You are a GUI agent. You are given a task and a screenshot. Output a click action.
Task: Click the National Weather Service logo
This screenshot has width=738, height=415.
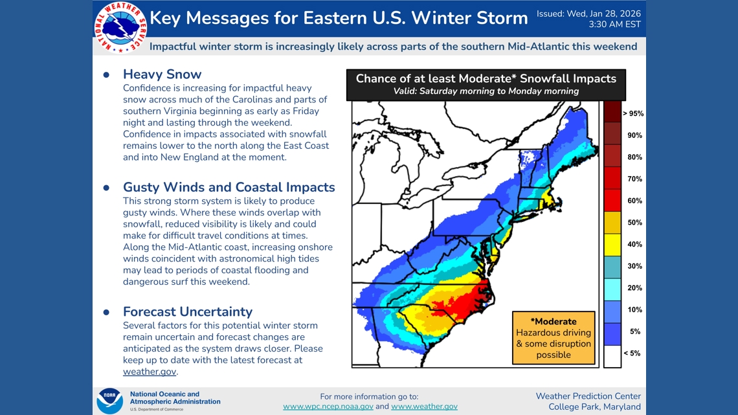[x=120, y=27]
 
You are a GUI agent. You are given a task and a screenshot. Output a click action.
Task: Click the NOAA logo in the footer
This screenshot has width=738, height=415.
[x=109, y=401]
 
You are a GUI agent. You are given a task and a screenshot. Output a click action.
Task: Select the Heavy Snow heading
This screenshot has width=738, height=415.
[x=162, y=74]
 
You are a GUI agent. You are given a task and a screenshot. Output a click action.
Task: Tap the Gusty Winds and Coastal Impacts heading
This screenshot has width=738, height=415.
[x=229, y=187]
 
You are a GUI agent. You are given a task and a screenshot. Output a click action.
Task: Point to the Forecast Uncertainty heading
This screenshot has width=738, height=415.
[x=187, y=311]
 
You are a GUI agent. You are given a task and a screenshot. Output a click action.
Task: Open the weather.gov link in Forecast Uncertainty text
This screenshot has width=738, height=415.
[x=149, y=372]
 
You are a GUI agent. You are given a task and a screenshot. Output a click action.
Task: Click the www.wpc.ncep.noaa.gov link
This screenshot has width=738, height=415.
[x=328, y=407]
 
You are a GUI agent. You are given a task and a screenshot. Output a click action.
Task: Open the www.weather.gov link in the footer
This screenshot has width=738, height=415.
[x=424, y=407]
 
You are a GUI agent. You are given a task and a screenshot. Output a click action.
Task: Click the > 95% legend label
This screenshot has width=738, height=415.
[x=632, y=114]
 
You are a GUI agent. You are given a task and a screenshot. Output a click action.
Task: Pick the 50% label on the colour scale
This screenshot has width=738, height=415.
[x=634, y=223]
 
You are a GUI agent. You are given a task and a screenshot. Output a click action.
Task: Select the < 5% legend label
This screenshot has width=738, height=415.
[x=631, y=353]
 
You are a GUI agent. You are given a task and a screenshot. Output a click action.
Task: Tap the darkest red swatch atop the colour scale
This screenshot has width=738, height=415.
[x=612, y=112]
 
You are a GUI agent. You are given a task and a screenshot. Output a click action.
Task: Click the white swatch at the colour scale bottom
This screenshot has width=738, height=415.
[x=612, y=355]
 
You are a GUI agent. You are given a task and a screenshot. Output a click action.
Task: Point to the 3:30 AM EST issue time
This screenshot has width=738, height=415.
[x=614, y=25]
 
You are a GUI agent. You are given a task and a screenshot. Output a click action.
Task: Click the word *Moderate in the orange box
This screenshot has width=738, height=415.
[x=553, y=322]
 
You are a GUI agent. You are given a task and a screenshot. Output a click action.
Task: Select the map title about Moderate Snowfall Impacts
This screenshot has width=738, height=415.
[x=486, y=79]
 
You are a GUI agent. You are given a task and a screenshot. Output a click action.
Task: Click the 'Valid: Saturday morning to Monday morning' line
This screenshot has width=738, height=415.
[x=486, y=91]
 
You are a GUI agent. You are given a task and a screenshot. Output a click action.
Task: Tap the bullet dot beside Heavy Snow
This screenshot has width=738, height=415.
[x=107, y=75]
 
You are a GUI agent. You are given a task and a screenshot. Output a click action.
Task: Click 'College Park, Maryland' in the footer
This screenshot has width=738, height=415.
[x=594, y=407]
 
